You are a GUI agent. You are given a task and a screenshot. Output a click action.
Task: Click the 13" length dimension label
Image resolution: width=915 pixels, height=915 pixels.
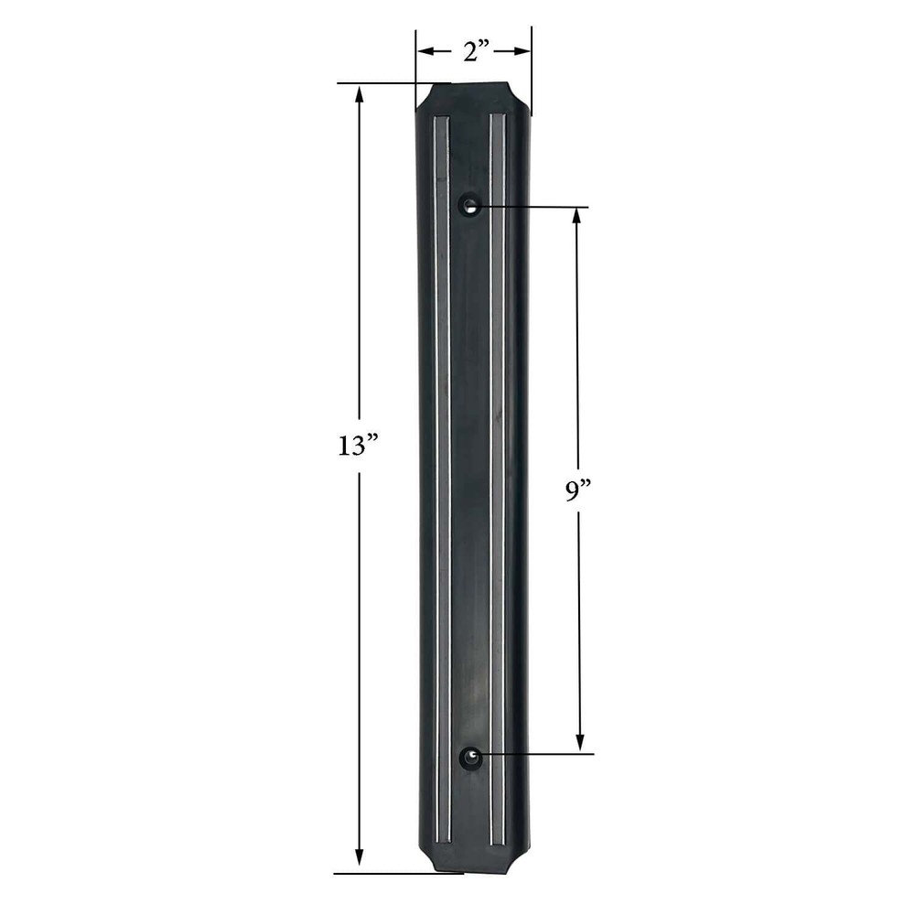(x=358, y=447)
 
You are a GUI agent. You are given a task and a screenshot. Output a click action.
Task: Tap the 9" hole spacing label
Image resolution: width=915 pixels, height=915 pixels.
(x=578, y=491)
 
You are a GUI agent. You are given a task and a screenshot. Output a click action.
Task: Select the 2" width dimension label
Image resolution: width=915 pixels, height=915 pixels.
(x=473, y=52)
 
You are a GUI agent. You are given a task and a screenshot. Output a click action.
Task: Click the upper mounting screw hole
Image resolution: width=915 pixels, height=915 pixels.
(x=470, y=205)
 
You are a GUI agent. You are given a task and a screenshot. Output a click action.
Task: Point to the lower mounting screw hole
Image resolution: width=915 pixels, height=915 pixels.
(x=470, y=756)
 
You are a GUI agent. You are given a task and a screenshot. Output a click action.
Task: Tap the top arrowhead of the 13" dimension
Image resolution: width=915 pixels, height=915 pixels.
(x=360, y=93)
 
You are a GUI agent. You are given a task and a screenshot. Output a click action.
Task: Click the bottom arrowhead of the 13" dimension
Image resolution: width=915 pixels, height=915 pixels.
(x=360, y=862)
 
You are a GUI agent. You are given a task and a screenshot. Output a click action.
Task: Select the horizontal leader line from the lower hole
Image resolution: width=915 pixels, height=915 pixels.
(x=540, y=754)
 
